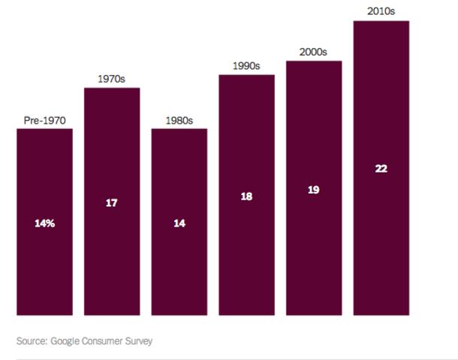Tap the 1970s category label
click(112, 78)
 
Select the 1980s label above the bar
click(179, 119)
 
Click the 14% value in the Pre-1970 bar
click(44, 223)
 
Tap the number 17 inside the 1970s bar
click(112, 202)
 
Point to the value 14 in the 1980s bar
click(179, 223)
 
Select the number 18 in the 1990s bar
click(246, 196)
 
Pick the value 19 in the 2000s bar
click(314, 189)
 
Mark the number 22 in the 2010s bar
click(381, 169)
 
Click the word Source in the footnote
click(31, 340)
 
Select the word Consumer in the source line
click(104, 340)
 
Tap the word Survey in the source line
click(140, 340)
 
